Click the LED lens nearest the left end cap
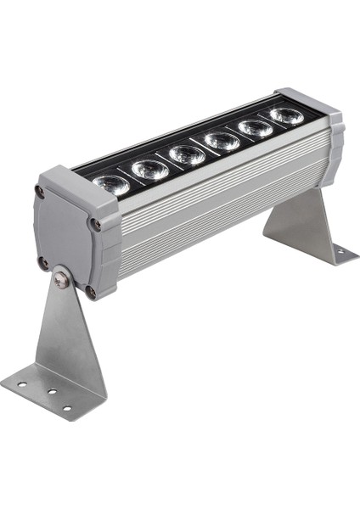(x=111, y=184)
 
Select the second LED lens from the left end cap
(x=149, y=169)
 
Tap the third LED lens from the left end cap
(x=186, y=155)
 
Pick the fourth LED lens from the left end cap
(x=222, y=141)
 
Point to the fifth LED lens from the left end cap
(x=256, y=128)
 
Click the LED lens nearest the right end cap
(x=287, y=115)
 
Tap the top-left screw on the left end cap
(x=40, y=193)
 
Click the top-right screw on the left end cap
(x=96, y=225)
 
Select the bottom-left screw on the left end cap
(x=43, y=262)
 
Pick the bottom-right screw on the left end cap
(x=90, y=293)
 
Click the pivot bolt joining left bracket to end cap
(x=61, y=277)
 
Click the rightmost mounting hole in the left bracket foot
(x=67, y=408)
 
